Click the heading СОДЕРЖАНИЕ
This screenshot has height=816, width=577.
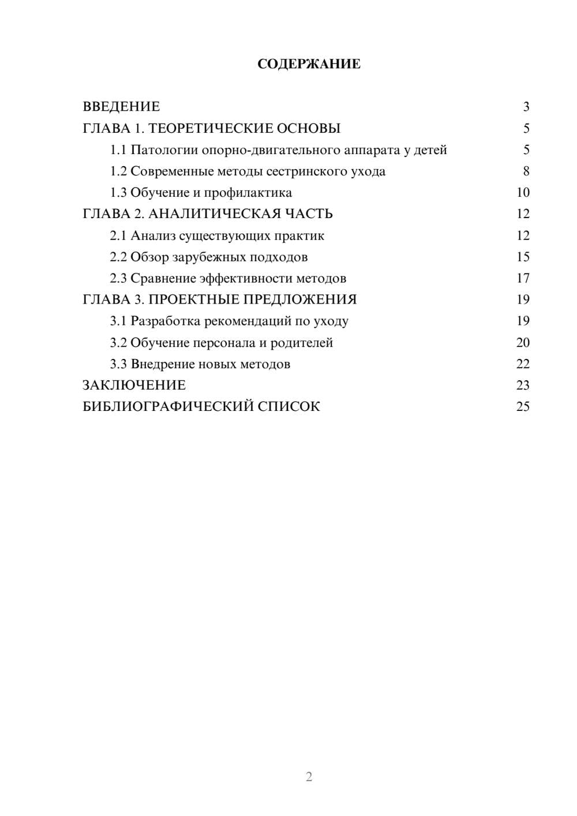click(309, 64)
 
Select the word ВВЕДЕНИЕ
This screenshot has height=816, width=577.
click(121, 107)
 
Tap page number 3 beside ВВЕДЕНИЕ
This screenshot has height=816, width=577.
click(526, 107)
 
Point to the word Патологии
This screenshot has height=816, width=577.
click(164, 150)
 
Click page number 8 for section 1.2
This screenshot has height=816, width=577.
click(526, 171)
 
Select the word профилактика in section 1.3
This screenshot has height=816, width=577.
click(248, 193)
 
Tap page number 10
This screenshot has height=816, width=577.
click(523, 193)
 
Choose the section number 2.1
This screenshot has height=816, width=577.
click(118, 235)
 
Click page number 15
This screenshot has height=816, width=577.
click(523, 257)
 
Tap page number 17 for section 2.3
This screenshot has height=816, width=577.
click(523, 278)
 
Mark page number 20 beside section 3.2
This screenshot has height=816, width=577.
click(523, 343)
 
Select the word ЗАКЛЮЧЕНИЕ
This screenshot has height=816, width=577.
click(134, 385)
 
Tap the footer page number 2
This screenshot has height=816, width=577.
click(309, 777)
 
